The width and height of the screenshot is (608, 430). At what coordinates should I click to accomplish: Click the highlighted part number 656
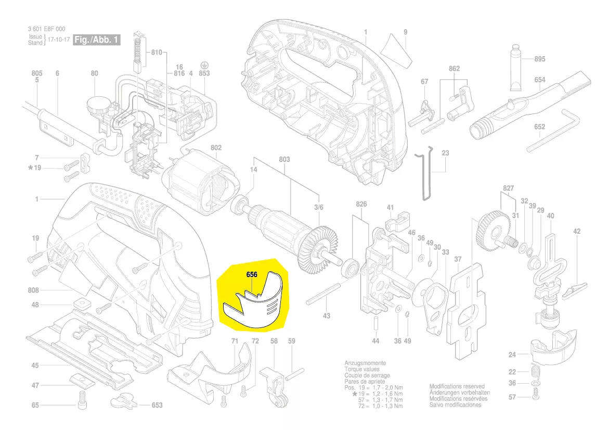point(252,274)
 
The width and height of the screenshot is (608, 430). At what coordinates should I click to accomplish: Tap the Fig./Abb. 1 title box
point(97,40)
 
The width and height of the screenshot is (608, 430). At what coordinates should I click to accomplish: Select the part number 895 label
point(540,59)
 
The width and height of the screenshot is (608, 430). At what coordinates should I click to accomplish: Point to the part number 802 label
point(216,148)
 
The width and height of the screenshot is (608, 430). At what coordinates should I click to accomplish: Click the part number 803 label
point(284,160)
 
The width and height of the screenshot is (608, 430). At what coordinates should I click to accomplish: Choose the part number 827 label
point(508,187)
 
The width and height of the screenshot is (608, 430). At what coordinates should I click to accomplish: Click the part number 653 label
point(157,405)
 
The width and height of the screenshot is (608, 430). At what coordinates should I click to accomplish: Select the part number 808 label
point(35,290)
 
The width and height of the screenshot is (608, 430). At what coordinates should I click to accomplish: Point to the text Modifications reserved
point(457,387)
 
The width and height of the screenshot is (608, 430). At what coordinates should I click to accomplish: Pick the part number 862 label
point(454,68)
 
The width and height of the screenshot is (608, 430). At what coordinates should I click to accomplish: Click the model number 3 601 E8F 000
point(47,29)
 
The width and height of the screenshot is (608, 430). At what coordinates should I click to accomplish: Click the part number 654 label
point(540,80)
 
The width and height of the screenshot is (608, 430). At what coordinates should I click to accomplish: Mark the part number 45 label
point(35,365)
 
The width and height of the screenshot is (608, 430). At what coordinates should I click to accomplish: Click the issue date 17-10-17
point(58,40)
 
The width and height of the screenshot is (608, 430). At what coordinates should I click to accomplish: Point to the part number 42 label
point(576,231)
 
